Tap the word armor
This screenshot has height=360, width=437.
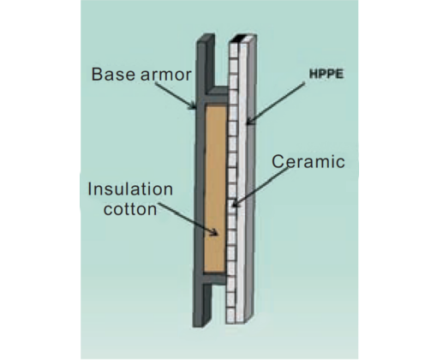pos(166,75)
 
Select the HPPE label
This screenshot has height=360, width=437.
pos(326,75)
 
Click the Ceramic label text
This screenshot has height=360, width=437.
pos(308,161)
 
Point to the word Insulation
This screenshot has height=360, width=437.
pos(130,189)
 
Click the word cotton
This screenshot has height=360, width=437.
pos(130,209)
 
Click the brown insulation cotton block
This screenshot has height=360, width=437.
pos(214,189)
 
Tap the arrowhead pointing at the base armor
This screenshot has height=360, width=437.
pos(193,105)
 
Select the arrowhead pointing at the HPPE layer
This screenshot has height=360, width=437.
pos(249,121)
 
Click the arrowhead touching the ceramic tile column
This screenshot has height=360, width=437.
pos(235,203)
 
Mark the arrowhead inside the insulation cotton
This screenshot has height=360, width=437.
pos(214,233)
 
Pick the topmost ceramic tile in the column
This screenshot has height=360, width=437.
pos(234,51)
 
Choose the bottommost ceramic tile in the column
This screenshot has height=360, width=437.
pos(230,315)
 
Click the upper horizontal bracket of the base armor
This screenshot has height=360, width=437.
pos(216,95)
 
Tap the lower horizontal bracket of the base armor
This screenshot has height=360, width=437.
pos(215,279)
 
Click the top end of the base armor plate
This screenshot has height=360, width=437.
pos(206,39)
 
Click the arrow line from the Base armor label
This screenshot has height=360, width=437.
pos(175,96)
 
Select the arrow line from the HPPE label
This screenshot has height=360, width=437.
pos(276,104)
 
